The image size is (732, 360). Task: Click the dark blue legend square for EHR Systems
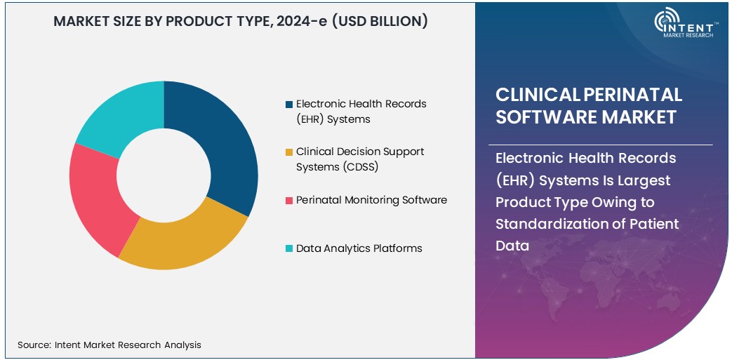pos(289,105)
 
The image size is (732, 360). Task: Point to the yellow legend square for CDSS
pos(289,152)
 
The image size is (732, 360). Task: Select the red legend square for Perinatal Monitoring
pos(289,201)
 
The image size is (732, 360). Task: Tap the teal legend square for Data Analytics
pos(289,248)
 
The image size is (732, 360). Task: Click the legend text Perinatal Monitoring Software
pos(371,200)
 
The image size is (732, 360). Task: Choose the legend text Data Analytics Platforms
pos(359,248)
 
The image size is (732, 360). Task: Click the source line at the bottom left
pos(109,345)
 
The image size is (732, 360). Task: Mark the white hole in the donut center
pos(164,175)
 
